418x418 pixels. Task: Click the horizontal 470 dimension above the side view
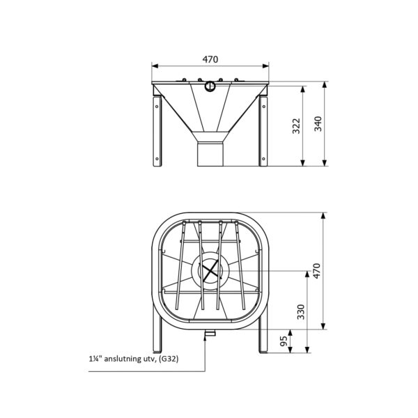(210, 60)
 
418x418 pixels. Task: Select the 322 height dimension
(295, 127)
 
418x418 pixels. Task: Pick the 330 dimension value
(301, 311)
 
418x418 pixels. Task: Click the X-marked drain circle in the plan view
(210, 270)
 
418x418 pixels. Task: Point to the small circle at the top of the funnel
(210, 86)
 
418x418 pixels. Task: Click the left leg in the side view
(157, 132)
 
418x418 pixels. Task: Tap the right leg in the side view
(263, 132)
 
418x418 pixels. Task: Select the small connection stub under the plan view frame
(207, 335)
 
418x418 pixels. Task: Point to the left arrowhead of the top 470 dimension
(155, 67)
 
